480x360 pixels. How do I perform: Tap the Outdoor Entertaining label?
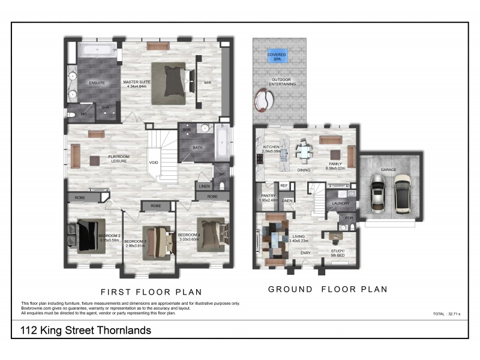point(284,82)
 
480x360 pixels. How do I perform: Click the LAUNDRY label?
point(341,204)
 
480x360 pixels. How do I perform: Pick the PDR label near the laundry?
point(349,218)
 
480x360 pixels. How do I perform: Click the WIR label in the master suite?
point(208,82)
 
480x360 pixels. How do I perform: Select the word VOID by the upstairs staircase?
point(154,162)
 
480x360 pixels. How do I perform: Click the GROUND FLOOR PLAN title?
point(327,289)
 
